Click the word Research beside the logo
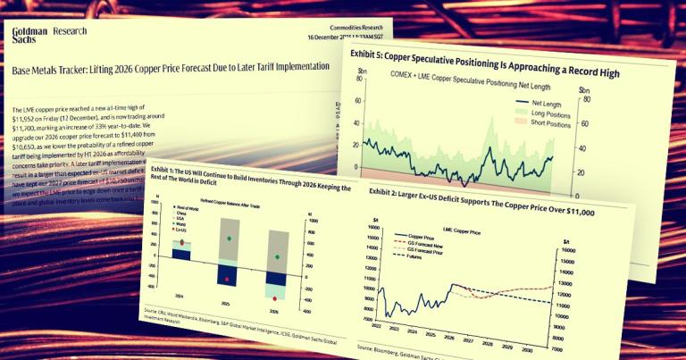71,32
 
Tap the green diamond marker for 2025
230,239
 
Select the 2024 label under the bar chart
180,294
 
